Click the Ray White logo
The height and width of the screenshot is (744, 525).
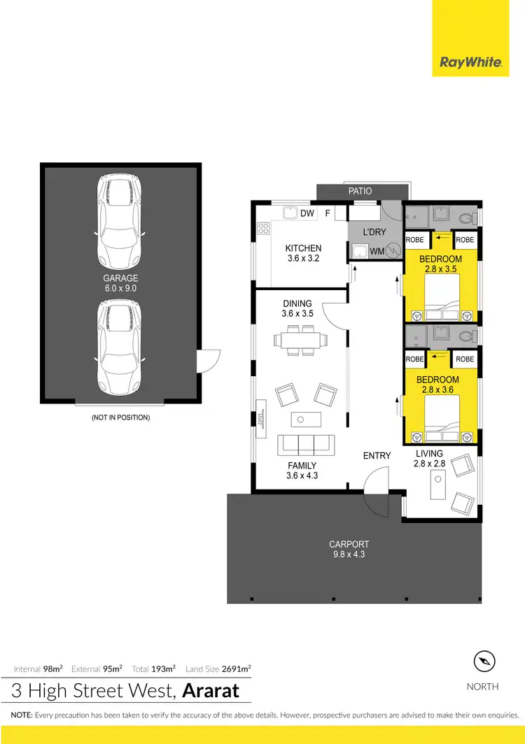(470, 62)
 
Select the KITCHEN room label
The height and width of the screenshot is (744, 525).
(303, 248)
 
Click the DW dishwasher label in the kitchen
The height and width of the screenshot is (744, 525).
(307, 213)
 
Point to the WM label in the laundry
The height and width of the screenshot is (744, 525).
(376, 250)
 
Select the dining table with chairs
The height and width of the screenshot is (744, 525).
(300, 341)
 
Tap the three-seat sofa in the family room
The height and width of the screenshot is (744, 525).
(304, 444)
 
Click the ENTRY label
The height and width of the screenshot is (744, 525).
(377, 456)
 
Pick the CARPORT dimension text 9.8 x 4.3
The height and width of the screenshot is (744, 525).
(349, 555)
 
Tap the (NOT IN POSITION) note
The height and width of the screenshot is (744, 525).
(120, 417)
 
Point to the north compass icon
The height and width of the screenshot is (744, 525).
(483, 661)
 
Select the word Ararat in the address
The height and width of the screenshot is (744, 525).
(211, 692)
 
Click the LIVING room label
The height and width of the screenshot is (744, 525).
(429, 454)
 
